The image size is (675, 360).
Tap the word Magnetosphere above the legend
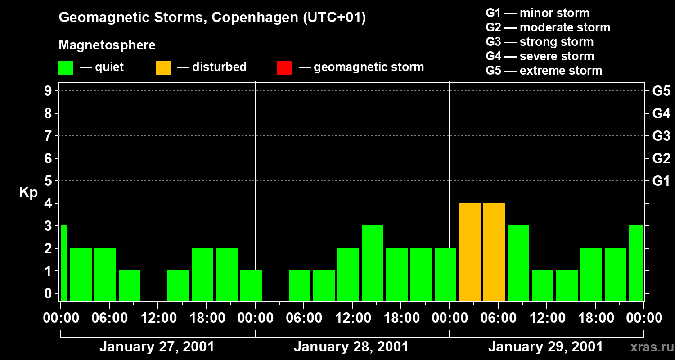[x=107, y=45]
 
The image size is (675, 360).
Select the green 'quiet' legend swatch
[x=66, y=68]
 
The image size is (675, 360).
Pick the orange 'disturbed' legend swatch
[x=163, y=68]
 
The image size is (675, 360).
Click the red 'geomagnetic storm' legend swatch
[x=284, y=68]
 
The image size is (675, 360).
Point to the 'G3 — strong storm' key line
[x=540, y=42]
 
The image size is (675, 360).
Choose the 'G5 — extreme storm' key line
[x=544, y=71]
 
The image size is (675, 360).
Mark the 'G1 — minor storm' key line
[x=537, y=13]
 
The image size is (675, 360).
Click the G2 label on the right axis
[x=661, y=158]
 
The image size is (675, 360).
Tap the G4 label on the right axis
[x=661, y=113]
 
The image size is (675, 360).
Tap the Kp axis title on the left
[x=28, y=193]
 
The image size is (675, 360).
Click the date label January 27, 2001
[x=157, y=347]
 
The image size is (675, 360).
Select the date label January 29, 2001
[x=545, y=347]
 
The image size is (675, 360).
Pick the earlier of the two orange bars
[x=470, y=252]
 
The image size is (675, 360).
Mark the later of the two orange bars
[x=494, y=252]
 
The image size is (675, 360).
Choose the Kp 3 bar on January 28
[x=373, y=263]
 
